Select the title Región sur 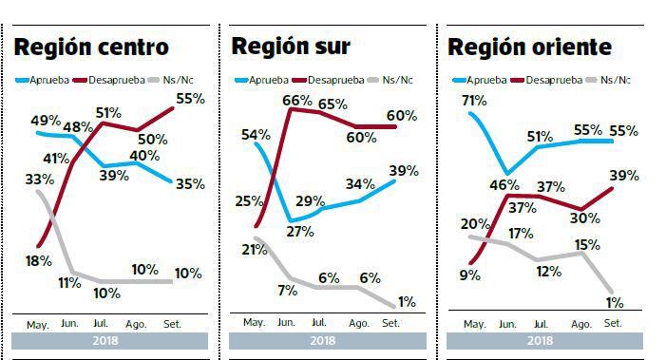pyautogui.click(x=291, y=46)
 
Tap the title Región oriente pyautogui.click(x=529, y=47)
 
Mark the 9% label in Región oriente pyautogui.click(x=468, y=275)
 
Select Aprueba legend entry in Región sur pyautogui.click(x=262, y=79)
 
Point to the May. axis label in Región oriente pyautogui.click(x=474, y=324)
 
